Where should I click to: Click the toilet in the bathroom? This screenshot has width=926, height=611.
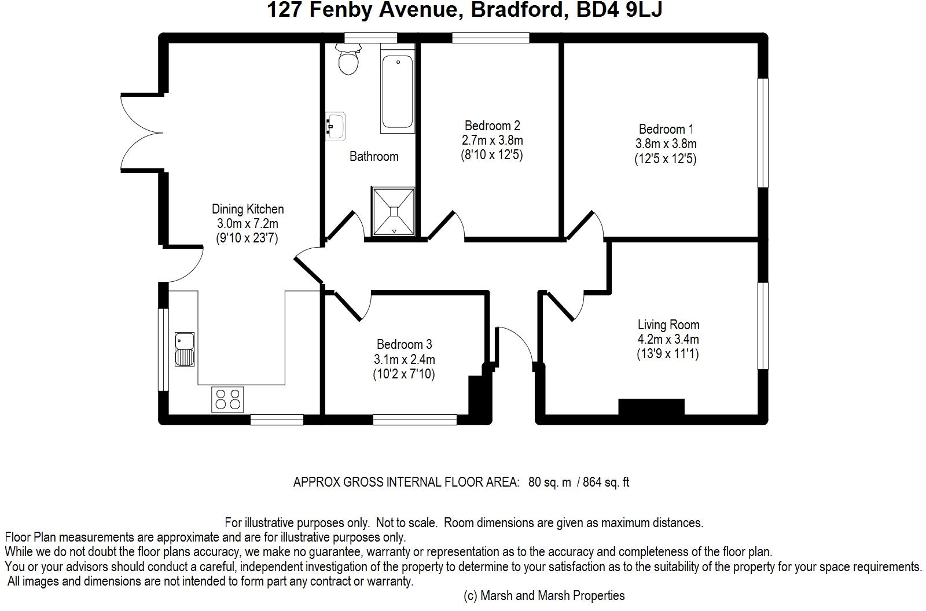[348, 58]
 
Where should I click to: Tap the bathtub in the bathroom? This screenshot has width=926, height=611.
[397, 91]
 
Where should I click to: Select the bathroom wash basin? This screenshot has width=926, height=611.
[335, 126]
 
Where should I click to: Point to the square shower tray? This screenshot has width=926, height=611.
[394, 212]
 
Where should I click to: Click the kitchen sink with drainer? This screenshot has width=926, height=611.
[185, 349]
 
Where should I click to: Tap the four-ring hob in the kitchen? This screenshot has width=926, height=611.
[227, 399]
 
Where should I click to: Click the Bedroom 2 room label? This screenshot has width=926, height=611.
[492, 125]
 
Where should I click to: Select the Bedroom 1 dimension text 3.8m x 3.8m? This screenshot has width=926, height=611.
[666, 144]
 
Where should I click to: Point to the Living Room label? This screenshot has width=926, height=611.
[668, 325]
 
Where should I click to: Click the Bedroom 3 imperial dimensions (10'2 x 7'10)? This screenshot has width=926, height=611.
[404, 374]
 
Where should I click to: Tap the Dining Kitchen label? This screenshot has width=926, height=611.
[248, 209]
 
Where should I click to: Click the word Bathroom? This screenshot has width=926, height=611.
[374, 156]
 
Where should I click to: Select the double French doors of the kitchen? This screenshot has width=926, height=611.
[141, 132]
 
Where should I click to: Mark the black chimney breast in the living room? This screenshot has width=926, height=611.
[651, 407]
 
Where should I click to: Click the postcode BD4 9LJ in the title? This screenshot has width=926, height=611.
[619, 10]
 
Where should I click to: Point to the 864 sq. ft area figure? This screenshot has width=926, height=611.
[606, 482]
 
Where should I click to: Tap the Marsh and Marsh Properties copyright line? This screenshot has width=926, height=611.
[544, 596]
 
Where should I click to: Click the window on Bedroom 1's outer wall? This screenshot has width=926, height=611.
[763, 132]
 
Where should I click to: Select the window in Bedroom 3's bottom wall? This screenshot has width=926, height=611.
[414, 419]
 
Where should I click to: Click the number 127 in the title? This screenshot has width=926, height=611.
[285, 10]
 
